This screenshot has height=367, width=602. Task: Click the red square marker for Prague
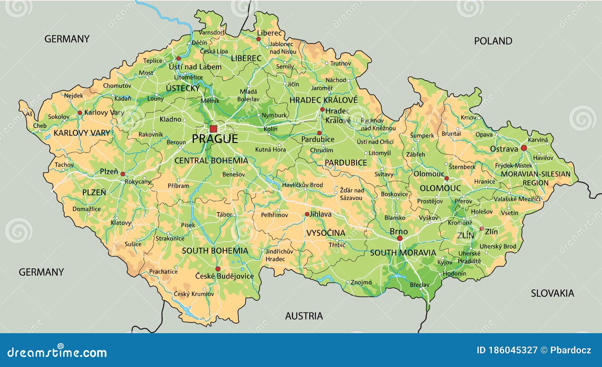tap(213, 129)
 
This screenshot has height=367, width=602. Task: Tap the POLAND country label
tap(493, 41)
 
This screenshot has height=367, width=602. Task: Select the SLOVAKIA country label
tap(552, 293)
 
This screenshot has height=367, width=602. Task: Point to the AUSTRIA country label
tap(304, 316)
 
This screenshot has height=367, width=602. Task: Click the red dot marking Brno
tap(400, 238)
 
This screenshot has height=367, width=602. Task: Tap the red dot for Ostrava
tap(523, 148)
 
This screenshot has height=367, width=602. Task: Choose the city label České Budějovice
tap(224, 276)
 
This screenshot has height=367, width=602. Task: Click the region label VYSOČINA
tap(325, 233)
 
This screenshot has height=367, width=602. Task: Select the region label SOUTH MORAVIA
tap(403, 253)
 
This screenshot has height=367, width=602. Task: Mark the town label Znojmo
tap(361, 282)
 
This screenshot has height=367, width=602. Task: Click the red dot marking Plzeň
tap(123, 174)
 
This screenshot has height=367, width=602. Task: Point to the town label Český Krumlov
tap(194, 294)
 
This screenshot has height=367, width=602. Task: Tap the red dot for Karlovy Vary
tap(80, 113)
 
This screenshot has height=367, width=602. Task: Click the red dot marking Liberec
tap(258, 39)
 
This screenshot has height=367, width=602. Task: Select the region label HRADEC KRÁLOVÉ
tap(323, 100)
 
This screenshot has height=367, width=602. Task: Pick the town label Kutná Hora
tap(270, 150)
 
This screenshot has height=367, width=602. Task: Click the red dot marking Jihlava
tap(307, 214)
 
